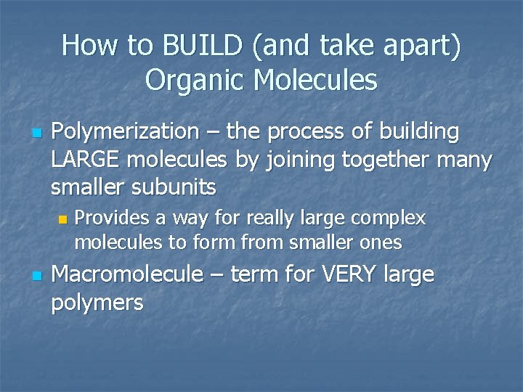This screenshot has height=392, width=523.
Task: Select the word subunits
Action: (x=172, y=187)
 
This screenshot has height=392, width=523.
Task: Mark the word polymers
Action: (x=97, y=303)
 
